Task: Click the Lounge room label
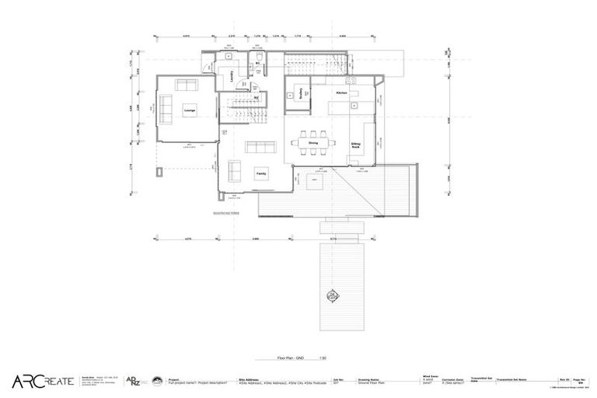point(189,111)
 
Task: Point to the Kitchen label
point(340,93)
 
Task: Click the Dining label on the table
point(314,143)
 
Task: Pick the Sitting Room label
point(355,145)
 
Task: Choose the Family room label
point(261,175)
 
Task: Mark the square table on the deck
point(315,184)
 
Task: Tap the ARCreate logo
point(43,381)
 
